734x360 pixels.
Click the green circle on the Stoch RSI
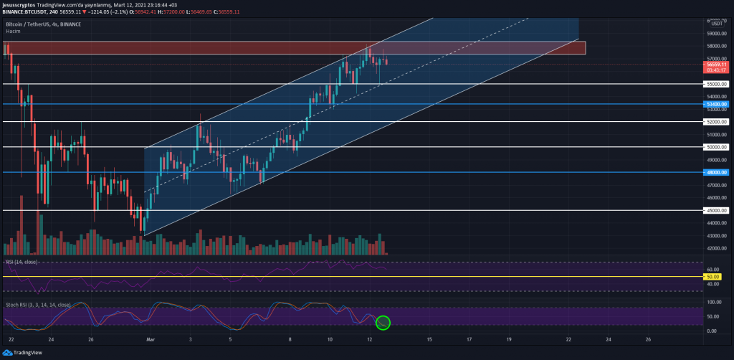coord(383,323)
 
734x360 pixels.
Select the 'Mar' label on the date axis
coord(151,338)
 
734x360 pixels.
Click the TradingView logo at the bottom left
coord(21,352)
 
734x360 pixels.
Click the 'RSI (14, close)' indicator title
coord(24,262)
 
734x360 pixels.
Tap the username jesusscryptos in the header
coord(19,5)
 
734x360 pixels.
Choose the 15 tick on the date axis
coord(429,338)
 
